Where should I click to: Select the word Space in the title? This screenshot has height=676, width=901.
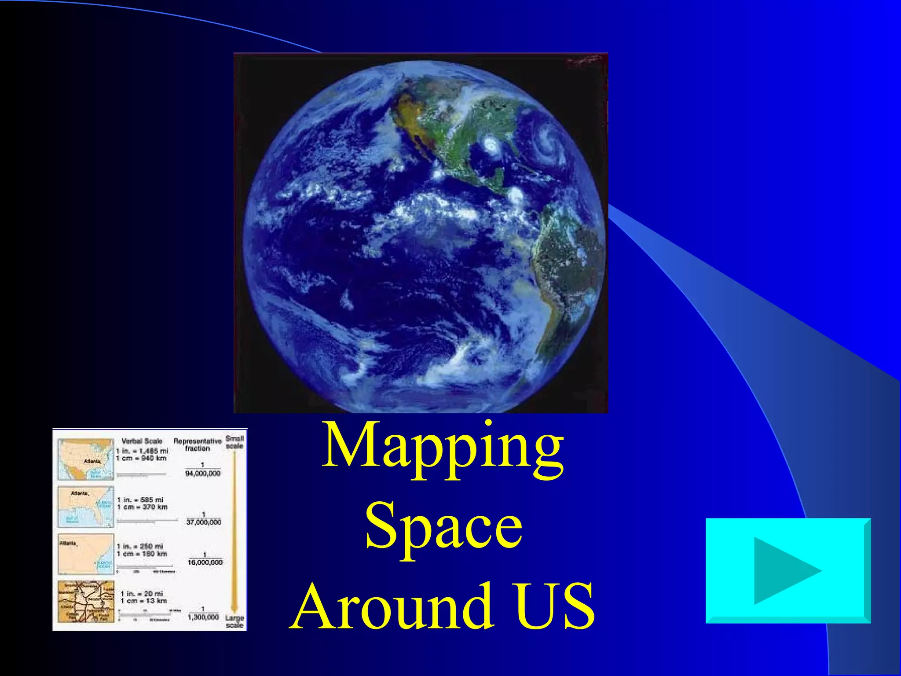[443, 527]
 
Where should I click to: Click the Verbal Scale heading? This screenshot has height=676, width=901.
[142, 441]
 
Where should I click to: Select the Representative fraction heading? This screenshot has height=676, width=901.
[198, 445]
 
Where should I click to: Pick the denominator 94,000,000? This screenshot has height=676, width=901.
[203, 474]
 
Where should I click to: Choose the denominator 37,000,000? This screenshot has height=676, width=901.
[204, 522]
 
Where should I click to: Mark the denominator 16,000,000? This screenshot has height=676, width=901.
[205, 562]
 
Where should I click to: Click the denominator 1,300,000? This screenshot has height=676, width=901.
[203, 617]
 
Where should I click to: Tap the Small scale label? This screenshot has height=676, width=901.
[234, 442]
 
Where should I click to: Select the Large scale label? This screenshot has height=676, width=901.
[234, 621]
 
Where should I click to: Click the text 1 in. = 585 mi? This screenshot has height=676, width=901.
[140, 500]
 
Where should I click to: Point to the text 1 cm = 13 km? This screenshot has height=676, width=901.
[144, 601]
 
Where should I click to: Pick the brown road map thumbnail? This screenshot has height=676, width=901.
[86, 601]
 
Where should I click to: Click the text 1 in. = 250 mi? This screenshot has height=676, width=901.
[140, 546]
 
